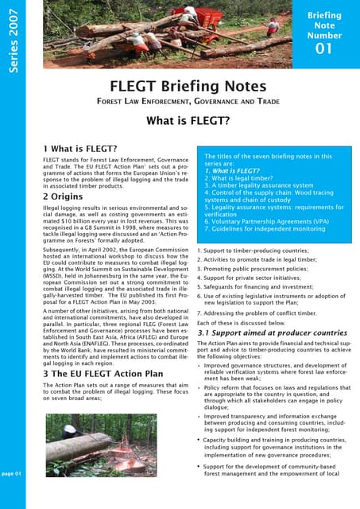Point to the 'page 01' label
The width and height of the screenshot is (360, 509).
(x=12, y=473)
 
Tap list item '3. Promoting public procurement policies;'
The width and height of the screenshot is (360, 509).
(x=253, y=270)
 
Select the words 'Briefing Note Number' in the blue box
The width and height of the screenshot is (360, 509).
(x=323, y=25)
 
